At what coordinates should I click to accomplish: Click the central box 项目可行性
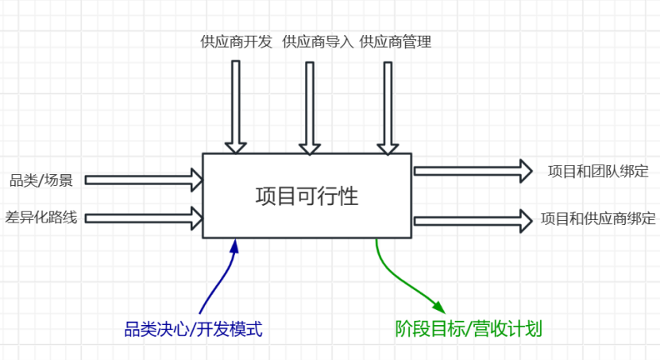(307, 195)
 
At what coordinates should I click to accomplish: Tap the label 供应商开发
(236, 42)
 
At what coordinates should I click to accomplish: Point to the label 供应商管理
(395, 42)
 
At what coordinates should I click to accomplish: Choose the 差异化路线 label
(41, 216)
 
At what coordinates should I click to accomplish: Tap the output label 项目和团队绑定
(598, 171)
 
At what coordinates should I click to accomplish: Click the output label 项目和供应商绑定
(598, 218)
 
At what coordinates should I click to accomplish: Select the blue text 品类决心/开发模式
(193, 328)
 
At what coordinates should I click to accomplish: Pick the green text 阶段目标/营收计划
(469, 328)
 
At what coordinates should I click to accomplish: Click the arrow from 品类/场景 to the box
(144, 180)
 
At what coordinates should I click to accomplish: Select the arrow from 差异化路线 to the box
(144, 216)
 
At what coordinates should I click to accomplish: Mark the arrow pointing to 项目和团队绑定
(473, 170)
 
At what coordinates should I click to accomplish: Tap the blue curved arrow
(219, 278)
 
